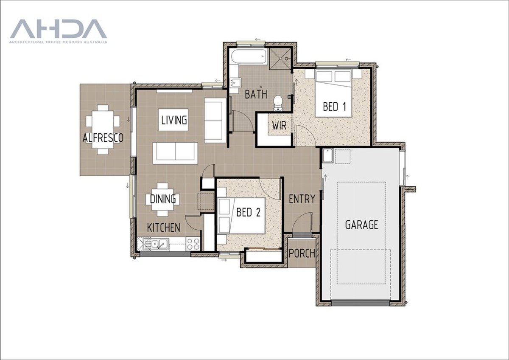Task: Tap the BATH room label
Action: click(256, 94)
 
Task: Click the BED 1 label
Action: click(335, 106)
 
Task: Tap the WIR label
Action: click(280, 127)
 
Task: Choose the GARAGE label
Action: click(361, 225)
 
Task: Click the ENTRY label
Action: click(302, 199)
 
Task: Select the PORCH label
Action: click(302, 253)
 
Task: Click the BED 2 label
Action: click(248, 212)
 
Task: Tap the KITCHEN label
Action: click(163, 228)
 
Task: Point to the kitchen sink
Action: click(156, 244)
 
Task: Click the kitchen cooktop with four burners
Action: click(193, 244)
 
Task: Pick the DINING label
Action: click(163, 199)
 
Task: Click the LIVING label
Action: click(174, 120)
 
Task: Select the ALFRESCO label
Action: click(103, 138)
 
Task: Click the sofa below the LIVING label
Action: click(175, 153)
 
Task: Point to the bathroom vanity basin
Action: click(235, 82)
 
